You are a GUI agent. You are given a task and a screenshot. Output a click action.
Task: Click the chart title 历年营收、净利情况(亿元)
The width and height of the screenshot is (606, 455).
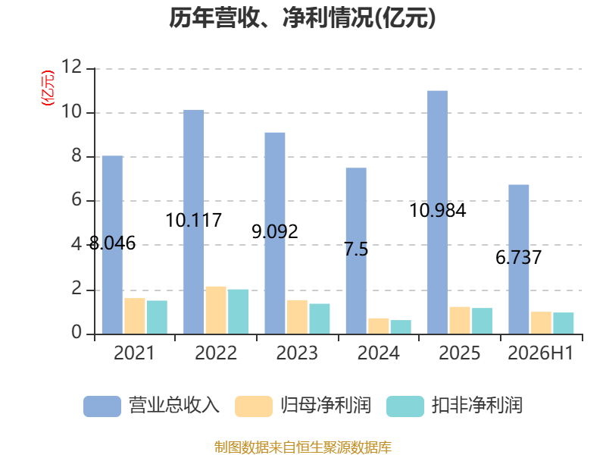tap(302, 18)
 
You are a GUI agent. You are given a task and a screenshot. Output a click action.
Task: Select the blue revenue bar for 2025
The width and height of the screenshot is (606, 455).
tap(438, 212)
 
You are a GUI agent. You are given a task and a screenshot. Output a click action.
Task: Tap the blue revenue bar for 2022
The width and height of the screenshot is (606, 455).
tap(194, 222)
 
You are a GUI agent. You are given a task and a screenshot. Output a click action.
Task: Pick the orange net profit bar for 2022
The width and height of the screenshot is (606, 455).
tap(216, 310)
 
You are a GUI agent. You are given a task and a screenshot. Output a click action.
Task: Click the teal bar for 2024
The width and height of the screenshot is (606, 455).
tap(401, 327)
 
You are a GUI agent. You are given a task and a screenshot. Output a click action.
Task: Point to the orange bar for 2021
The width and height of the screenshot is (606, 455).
tap(135, 316)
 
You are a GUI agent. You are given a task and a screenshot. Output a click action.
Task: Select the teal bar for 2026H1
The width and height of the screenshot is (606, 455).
tap(564, 323)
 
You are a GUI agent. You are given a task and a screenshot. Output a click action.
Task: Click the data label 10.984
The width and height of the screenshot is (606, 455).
tap(438, 211)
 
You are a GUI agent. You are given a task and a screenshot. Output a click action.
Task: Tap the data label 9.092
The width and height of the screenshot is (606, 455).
tap(275, 231)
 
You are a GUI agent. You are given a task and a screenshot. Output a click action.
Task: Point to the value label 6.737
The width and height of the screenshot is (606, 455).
tap(519, 257)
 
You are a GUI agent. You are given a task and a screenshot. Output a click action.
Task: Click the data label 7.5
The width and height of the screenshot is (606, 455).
tap(356, 249)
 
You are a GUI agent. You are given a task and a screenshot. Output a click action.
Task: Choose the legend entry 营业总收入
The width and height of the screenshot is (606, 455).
tap(151, 406)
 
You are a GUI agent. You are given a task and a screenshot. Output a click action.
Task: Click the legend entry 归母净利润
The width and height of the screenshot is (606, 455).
tap(303, 406)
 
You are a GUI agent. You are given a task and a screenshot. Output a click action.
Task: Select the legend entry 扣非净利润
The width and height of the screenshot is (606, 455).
tap(454, 406)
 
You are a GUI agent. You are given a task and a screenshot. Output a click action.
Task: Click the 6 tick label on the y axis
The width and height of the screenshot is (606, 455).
tap(77, 200)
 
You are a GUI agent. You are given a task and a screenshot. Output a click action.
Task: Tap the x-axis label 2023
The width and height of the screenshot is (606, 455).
tap(297, 353)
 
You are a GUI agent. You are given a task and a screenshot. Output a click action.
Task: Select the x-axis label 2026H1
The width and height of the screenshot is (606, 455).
tap(540, 353)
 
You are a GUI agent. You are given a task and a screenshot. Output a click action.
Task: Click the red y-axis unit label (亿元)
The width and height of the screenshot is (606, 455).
tap(48, 88)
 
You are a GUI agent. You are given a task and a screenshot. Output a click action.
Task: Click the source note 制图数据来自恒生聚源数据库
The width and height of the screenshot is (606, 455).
tap(303, 447)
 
